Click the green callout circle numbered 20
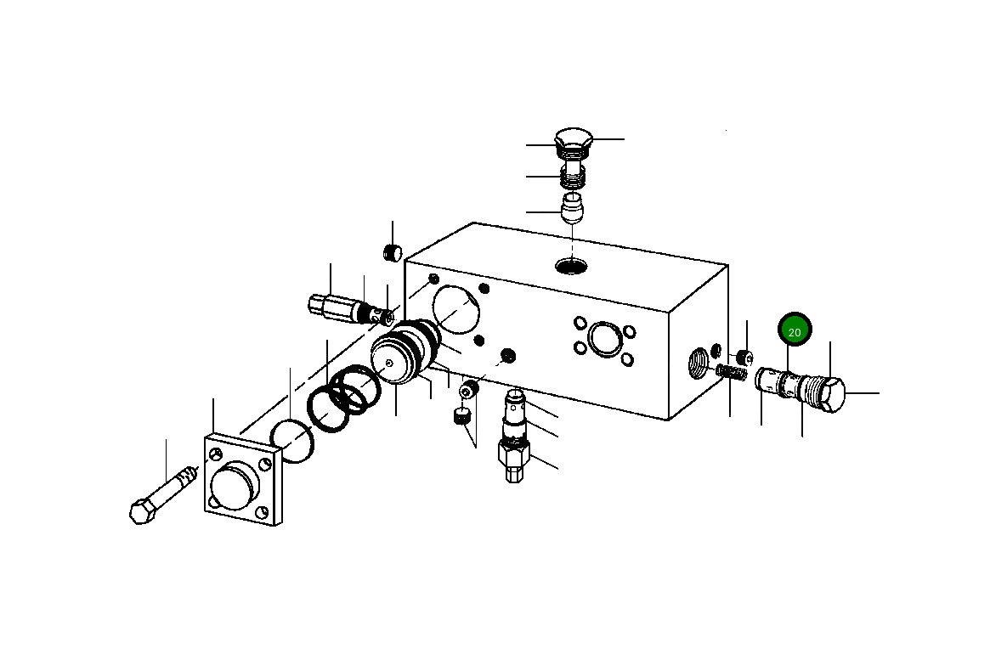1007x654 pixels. [795, 331]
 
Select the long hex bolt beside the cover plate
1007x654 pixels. [163, 499]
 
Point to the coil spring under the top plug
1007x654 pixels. [572, 176]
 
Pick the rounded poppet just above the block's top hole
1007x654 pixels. [573, 207]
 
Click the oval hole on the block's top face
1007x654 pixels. [571, 267]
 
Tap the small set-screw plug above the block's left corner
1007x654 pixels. [392, 252]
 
